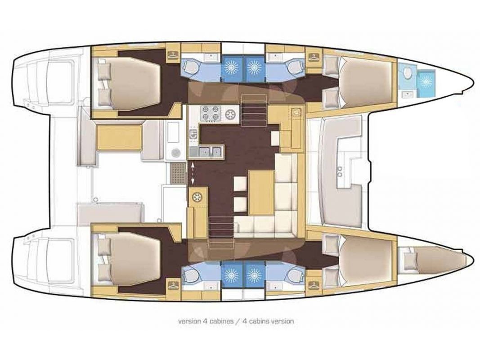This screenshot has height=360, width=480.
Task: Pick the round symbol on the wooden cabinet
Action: tap(197, 197)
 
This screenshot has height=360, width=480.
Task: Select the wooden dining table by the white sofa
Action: tap(261, 192)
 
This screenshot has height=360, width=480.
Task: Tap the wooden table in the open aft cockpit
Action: tap(119, 137)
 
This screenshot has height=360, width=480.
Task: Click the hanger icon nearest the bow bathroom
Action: tap(313, 56)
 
